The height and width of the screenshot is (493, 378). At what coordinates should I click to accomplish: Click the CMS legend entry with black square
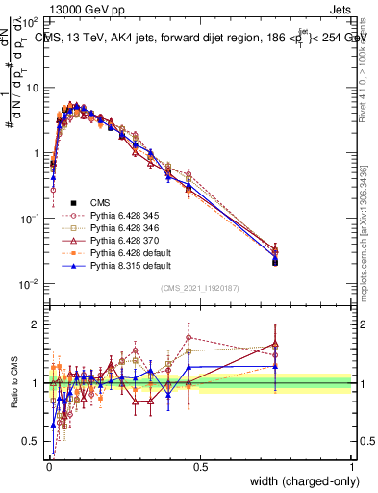pyautogui.click(x=101, y=202)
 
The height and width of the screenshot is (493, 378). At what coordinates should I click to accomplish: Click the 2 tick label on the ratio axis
pyautogui.click(x=38, y=324)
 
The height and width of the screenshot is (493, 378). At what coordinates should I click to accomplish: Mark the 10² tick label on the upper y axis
pyautogui.click(x=31, y=21)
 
